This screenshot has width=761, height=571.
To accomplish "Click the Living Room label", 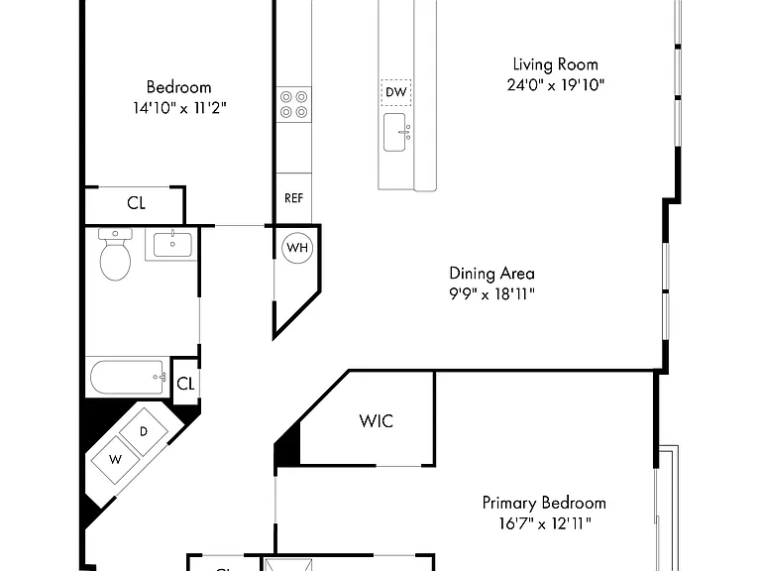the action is point(555,64).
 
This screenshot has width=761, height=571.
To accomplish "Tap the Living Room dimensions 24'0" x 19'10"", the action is point(556,85).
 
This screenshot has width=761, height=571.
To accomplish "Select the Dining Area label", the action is point(491,274).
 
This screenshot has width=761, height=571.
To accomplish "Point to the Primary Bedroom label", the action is point(544,503).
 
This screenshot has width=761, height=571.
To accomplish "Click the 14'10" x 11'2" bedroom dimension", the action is point(179,108).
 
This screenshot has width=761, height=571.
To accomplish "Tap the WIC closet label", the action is point(377,421).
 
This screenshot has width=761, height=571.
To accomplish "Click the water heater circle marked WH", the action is point(297,248).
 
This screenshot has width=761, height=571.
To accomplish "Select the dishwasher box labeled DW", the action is point(396,92).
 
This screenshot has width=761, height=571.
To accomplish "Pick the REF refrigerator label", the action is point(293,198).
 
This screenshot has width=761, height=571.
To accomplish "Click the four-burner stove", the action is point(293,104).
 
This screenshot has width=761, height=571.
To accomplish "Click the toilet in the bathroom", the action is point(116,255).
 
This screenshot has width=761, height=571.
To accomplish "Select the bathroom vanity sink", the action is point(172,244).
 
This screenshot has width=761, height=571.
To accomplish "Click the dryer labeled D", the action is point(144,432).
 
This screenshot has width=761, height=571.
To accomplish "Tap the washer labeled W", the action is point(115,459).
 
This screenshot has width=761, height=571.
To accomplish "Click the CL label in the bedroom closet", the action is point(137,203).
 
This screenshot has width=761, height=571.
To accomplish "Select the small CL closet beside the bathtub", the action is point(185,384).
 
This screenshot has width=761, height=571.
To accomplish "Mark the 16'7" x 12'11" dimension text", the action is point(545,523).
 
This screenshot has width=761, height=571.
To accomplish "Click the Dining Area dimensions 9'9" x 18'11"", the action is point(491,293).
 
